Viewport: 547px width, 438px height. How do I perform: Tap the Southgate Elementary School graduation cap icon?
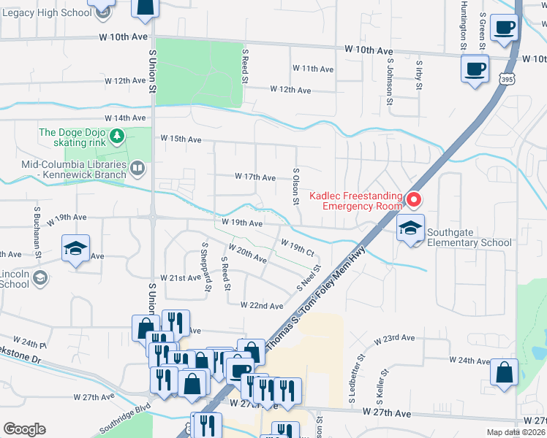coord(410,227)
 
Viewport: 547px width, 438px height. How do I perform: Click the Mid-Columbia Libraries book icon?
coord(136,169)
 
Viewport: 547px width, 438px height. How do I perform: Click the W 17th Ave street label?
coord(254,177)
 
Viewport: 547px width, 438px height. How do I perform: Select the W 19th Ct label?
coord(297,247)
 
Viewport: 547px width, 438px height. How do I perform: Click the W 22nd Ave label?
coord(262,306)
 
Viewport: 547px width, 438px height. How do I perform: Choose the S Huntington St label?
coord(464,26)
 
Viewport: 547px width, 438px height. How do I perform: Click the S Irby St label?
coord(419,77)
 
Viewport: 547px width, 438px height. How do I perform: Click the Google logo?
coord(25,429)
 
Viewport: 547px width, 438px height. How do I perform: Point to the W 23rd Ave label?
coord(394,339)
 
